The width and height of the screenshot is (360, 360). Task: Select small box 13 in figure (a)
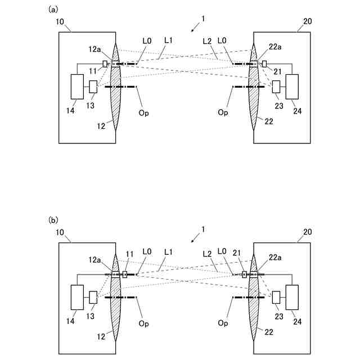(93, 87)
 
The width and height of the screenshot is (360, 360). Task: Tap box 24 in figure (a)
(294, 86)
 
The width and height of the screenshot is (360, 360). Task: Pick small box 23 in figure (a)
(276, 87)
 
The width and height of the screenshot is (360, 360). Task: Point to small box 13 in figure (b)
(93, 297)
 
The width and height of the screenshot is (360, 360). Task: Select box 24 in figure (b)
(294, 297)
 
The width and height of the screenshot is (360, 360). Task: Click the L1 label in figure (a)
(168, 41)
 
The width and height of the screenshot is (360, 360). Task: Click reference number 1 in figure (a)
(203, 19)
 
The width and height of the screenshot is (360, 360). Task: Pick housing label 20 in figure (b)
(307, 232)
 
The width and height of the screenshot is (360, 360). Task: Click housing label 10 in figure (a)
(61, 21)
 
